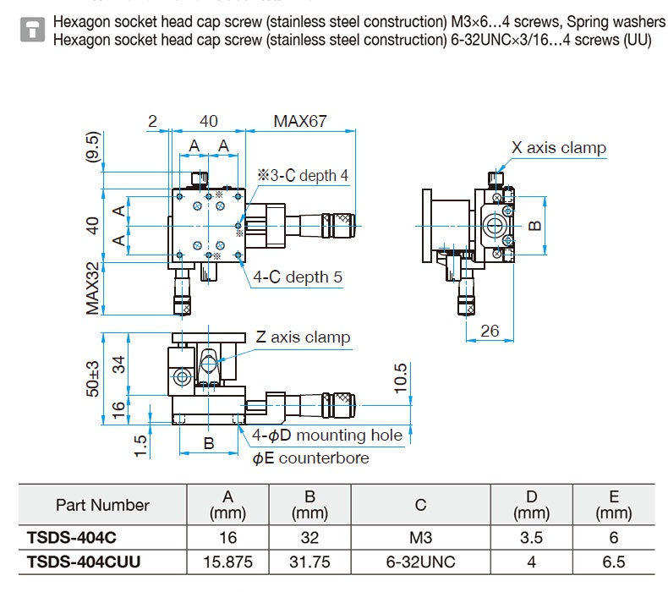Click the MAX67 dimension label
click(x=300, y=121)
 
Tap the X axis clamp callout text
click(x=559, y=148)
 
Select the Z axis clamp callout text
click(x=303, y=337)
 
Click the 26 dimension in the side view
click(x=490, y=331)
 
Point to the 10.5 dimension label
click(x=401, y=378)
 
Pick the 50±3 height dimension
click(x=92, y=379)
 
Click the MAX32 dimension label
click(x=92, y=288)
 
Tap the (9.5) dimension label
click(x=92, y=146)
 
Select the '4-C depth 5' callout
click(x=298, y=277)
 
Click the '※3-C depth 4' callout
click(x=303, y=175)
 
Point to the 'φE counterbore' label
click(x=310, y=458)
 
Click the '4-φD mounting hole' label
click(x=327, y=436)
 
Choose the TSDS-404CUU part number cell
click(x=84, y=562)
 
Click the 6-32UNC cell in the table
click(x=420, y=562)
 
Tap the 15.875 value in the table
click(x=228, y=562)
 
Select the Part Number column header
click(x=102, y=505)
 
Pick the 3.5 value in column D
click(x=531, y=537)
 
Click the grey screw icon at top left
click(x=32, y=30)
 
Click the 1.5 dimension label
click(x=140, y=446)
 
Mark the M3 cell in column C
click(x=420, y=537)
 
